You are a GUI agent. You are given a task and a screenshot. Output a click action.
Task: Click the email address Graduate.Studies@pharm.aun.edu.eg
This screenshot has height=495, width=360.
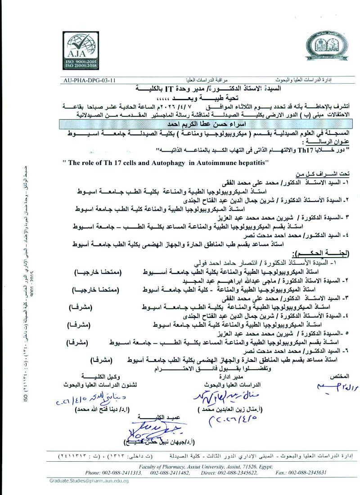[89, 481]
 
